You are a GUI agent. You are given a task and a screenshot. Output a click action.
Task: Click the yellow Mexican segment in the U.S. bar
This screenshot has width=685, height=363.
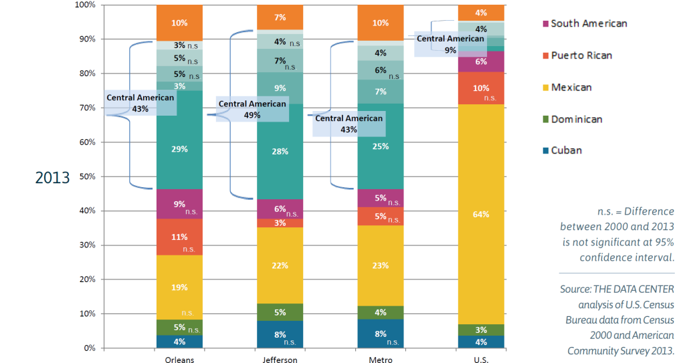(480, 214)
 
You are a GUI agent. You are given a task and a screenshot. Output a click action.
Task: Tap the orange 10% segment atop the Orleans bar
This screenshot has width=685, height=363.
(179, 23)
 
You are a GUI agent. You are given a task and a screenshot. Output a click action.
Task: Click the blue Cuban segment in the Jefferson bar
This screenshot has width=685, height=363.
(280, 334)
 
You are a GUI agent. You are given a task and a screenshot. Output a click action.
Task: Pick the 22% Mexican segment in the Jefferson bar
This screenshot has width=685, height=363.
(280, 265)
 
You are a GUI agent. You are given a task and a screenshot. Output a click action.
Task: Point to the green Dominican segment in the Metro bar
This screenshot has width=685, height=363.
(380, 312)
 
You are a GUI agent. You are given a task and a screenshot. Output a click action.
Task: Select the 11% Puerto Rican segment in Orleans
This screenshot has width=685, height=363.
(179, 237)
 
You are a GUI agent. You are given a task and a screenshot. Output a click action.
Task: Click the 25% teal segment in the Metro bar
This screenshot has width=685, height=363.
(380, 146)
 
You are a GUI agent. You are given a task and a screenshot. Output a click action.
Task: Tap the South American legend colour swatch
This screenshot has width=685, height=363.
(545, 24)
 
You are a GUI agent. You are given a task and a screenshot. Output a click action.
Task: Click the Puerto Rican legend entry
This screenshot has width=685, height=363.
(581, 55)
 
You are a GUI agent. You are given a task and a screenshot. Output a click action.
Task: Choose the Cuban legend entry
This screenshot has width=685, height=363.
(566, 150)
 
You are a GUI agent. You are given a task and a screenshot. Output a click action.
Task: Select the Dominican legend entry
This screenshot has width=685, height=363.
(576, 119)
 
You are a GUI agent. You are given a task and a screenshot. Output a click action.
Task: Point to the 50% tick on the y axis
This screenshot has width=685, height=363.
(88, 176)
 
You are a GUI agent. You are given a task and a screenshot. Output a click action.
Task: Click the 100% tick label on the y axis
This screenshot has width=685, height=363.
(86, 5)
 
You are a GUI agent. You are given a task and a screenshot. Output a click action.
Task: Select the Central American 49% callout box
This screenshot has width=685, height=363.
(252, 108)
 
